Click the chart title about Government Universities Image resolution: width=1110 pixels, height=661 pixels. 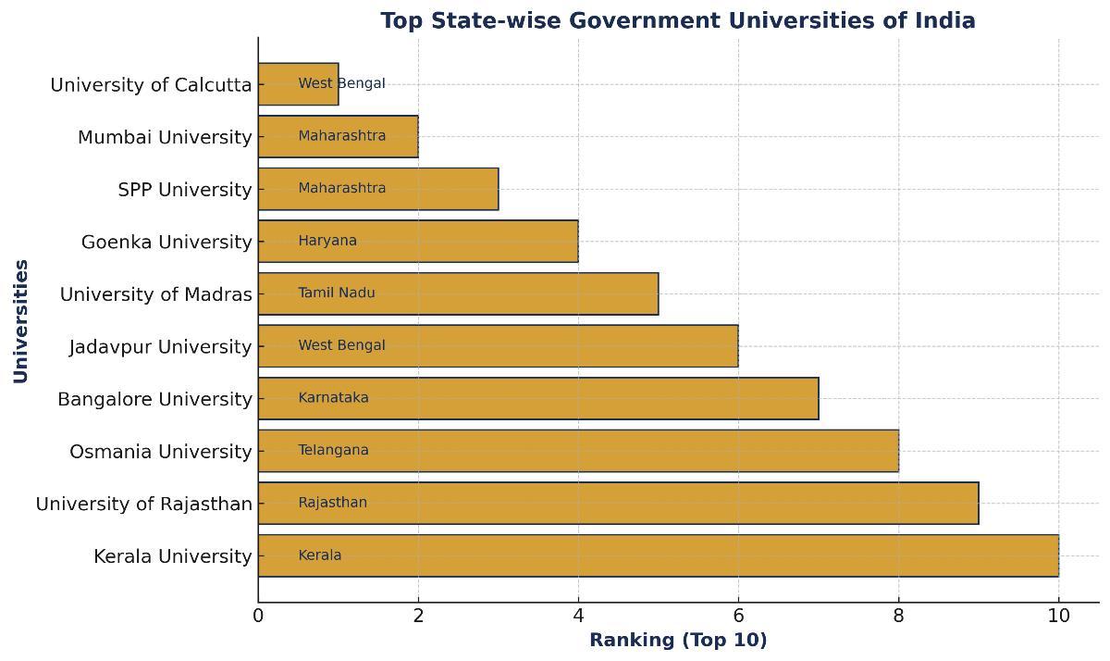click(677, 20)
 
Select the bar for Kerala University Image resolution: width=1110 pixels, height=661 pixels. click(658, 555)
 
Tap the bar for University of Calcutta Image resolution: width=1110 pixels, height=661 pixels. click(298, 84)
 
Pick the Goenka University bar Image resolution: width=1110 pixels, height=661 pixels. click(418, 241)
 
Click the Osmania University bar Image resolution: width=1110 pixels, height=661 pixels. click(578, 451)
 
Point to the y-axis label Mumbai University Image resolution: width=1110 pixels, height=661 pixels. click(165, 137)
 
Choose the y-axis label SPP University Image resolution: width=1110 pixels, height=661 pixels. click(185, 190)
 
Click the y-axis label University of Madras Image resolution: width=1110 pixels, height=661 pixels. click(155, 294)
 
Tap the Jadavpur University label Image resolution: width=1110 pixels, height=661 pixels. click(160, 346)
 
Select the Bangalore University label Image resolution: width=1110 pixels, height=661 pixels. click(154, 399)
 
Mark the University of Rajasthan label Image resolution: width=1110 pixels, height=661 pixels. click(143, 504)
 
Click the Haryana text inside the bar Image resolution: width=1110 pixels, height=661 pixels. click(327, 241)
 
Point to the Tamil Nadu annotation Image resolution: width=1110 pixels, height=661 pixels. click(337, 293)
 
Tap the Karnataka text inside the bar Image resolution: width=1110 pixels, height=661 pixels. click(333, 398)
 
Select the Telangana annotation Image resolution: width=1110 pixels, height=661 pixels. click(333, 450)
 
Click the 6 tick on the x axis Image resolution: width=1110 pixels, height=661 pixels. click(738, 616)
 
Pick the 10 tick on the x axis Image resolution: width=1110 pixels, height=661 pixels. click(1058, 616)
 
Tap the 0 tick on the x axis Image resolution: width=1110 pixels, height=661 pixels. click(258, 616)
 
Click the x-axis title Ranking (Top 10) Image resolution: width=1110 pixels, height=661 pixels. click(678, 640)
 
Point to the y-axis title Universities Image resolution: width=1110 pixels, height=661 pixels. click(20, 320)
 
